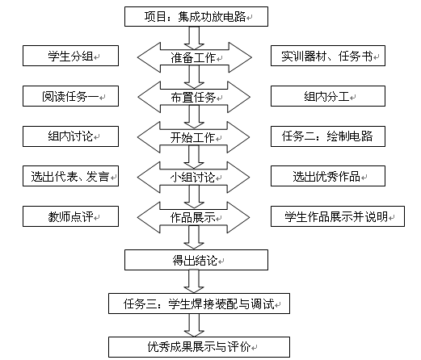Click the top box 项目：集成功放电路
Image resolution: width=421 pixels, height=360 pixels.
pyautogui.click(x=196, y=17)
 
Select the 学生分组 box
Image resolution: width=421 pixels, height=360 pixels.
pyautogui.click(x=70, y=56)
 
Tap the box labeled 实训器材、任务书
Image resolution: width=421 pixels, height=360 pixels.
pyautogui.click(x=328, y=56)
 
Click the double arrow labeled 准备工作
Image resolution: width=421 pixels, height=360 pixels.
pyautogui.click(x=195, y=57)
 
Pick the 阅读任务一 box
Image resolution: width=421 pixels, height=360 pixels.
pyautogui.click(x=70, y=96)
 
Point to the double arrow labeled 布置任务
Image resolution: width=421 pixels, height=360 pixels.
pyautogui.click(x=194, y=97)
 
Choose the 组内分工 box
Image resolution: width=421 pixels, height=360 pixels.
pyautogui.click(x=328, y=96)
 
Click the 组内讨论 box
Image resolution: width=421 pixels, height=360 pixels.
pyautogui.click(x=70, y=136)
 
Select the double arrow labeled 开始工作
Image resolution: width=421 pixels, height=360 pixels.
pyautogui.click(x=193, y=137)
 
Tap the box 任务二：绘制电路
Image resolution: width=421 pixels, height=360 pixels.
pyautogui.click(x=328, y=136)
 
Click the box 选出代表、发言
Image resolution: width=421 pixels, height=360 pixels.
pyautogui.click(x=70, y=176)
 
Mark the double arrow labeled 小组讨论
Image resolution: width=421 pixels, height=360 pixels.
pyautogui.click(x=193, y=177)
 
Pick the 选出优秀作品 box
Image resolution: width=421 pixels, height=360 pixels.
pyautogui.click(x=328, y=176)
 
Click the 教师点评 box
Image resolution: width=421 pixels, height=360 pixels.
pyautogui.click(x=70, y=216)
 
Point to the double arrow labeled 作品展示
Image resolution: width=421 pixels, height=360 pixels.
pyautogui.click(x=193, y=217)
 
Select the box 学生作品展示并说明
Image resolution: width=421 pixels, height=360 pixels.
pyautogui.click(x=338, y=216)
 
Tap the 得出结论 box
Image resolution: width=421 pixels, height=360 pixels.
pyautogui.click(x=196, y=260)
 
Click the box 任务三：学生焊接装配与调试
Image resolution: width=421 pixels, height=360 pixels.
pyautogui.click(x=199, y=303)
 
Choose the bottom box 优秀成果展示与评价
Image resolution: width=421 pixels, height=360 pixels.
pyautogui.click(x=199, y=347)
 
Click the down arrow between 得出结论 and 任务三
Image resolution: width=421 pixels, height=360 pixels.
pyautogui.click(x=194, y=282)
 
